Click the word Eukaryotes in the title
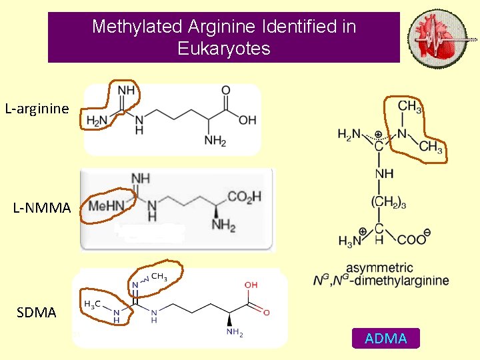[224, 49]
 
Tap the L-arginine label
[37, 108]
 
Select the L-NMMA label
[42, 208]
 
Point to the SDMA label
[36, 312]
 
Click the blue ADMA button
[386, 339]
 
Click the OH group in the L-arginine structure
[247, 120]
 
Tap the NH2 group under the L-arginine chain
[215, 141]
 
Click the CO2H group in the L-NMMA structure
[244, 196]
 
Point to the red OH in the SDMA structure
[251, 285]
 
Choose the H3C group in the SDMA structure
[93, 304]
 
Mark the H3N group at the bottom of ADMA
[350, 241]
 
